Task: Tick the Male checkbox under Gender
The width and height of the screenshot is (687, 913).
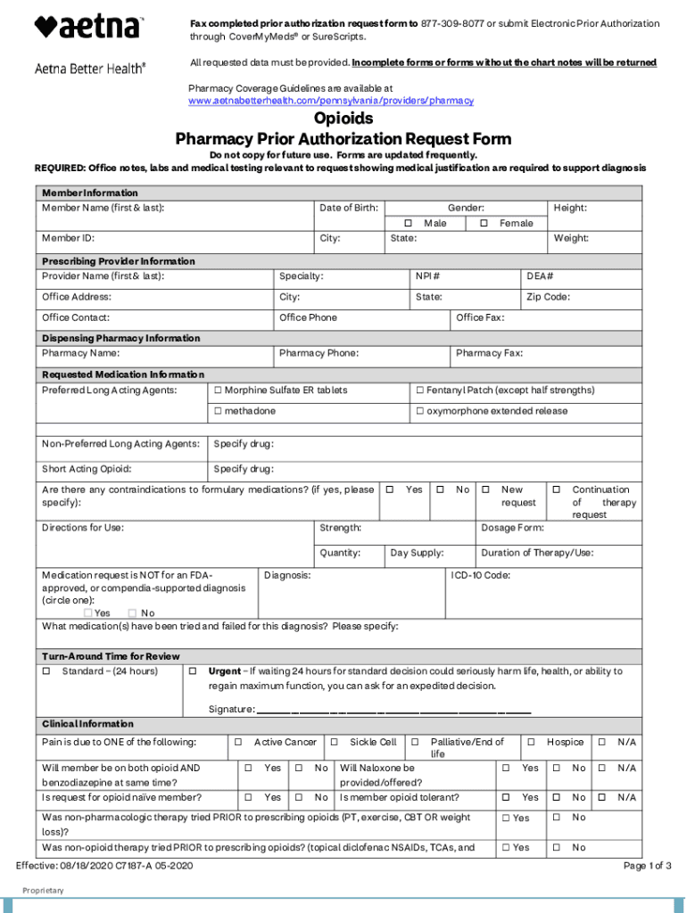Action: coord(408,223)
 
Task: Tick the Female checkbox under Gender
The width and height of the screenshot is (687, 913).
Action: coord(484,223)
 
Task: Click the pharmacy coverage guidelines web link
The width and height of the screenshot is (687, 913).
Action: coord(331,101)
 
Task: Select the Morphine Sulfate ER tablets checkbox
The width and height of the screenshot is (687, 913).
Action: coord(218,391)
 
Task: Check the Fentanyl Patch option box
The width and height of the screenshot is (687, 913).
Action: coord(419,391)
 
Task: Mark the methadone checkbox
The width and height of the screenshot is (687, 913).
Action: coord(218,411)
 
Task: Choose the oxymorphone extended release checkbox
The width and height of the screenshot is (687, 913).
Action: coord(419,411)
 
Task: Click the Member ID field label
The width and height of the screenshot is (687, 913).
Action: coord(69,239)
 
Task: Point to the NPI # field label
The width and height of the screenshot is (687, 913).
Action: coord(427,277)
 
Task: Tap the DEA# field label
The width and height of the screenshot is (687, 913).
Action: coord(540,277)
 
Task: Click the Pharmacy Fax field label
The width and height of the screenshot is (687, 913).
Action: coord(489,354)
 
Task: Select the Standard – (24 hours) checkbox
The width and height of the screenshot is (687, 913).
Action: coord(46,671)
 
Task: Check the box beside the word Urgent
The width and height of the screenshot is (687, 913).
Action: coord(192,671)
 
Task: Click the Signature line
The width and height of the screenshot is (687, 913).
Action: coord(393,711)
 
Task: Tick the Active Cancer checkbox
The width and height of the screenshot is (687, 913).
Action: coord(238,743)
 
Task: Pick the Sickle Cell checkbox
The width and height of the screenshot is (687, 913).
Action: coord(334,743)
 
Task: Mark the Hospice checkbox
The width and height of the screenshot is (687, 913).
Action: coord(531,743)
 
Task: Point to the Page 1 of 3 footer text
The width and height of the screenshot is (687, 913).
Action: coord(647,866)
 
